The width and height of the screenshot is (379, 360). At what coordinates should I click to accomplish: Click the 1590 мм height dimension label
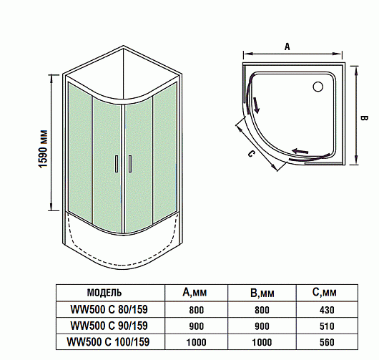(x=43, y=149)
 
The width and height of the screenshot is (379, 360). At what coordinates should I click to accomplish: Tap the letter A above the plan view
(x=287, y=47)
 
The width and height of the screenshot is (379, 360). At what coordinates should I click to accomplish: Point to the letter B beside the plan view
(x=364, y=118)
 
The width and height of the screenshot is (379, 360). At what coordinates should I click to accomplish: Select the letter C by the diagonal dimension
(x=251, y=154)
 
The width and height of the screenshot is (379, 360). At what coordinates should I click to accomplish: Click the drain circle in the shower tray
(x=318, y=87)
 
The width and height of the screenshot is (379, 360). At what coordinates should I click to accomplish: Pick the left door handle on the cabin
(x=117, y=164)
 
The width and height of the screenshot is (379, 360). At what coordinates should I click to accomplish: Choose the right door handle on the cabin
(x=130, y=164)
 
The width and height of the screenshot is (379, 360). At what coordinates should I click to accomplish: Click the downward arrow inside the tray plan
(x=256, y=105)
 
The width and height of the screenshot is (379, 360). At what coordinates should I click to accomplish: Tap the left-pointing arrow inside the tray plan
(x=300, y=151)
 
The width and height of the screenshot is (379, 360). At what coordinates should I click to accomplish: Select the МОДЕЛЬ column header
(x=104, y=293)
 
